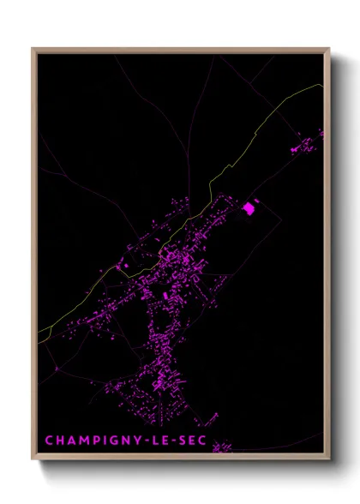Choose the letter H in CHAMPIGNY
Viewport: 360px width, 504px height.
point(58,441)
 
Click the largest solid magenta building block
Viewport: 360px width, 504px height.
point(250,207)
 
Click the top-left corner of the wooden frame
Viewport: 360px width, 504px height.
point(33,49)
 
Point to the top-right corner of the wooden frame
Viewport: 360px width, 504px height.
point(329,49)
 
